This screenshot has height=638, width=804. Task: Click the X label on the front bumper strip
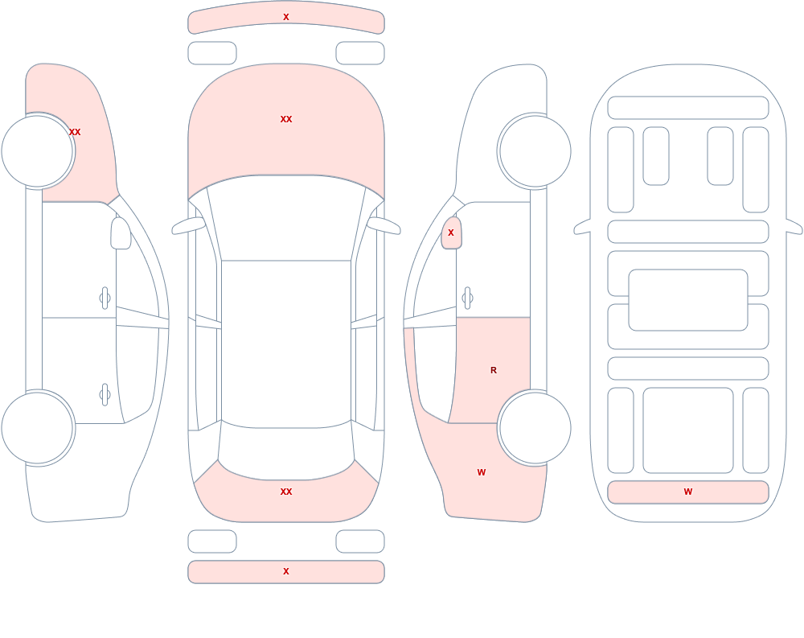pos(286,17)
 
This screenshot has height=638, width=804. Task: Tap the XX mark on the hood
pos(286,119)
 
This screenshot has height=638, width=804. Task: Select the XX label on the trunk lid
pos(286,492)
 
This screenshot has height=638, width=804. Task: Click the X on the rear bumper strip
pos(286,571)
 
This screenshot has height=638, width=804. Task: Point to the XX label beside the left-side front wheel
pos(75,132)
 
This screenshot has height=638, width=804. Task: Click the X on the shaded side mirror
pos(451,233)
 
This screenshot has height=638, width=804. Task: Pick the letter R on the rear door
pos(494,370)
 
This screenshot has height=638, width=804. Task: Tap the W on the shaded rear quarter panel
pos(482,472)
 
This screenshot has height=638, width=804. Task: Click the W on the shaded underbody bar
pos(688,492)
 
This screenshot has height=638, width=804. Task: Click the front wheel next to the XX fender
pos(38,151)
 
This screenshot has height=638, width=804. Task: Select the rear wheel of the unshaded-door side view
pos(38,427)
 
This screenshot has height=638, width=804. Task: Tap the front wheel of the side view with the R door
pos(535,151)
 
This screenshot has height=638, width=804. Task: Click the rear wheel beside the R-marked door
pos(535,427)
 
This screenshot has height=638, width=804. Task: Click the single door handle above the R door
pos(467,298)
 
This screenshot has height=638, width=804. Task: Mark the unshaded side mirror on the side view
pos(121,233)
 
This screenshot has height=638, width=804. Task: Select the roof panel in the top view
pos(286,343)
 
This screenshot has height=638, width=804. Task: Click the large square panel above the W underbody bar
pos(688,430)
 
